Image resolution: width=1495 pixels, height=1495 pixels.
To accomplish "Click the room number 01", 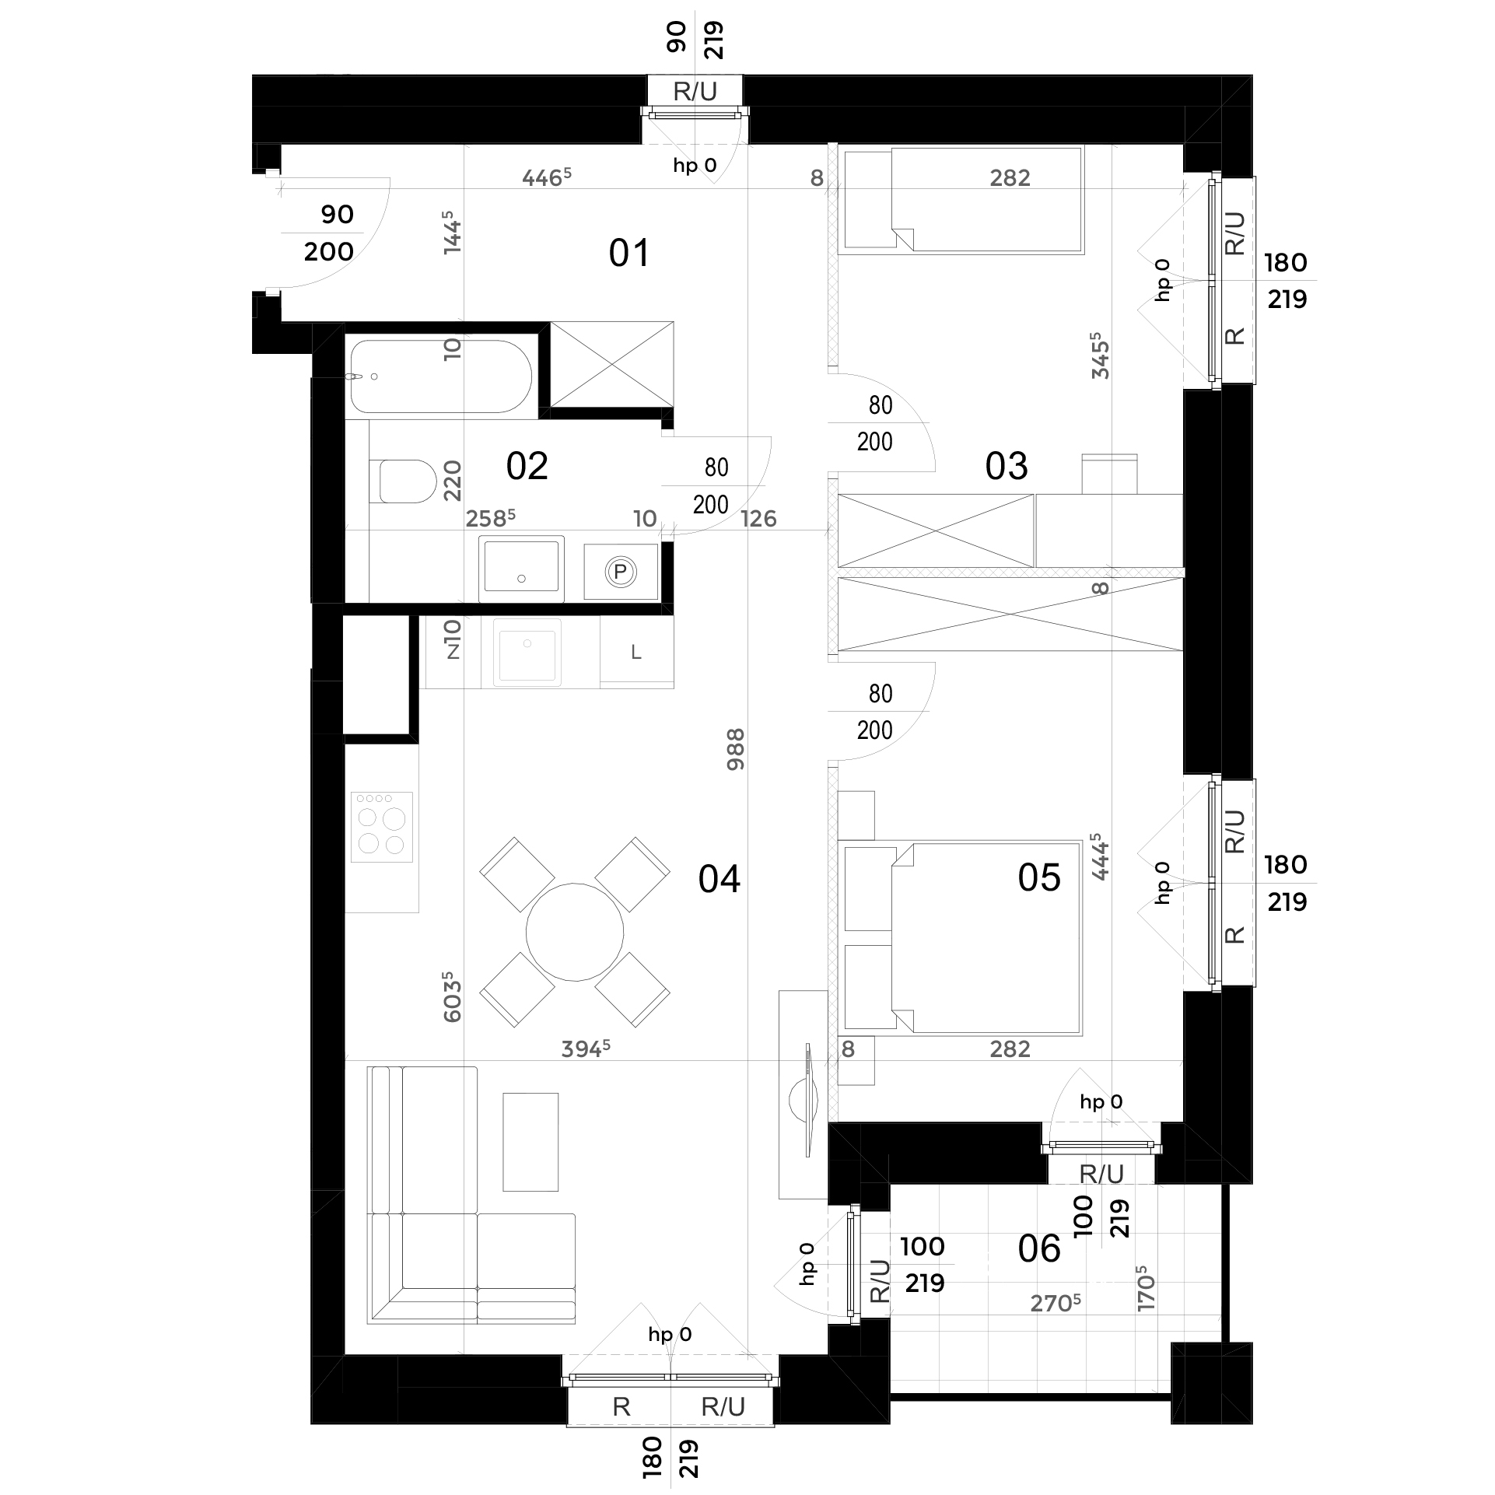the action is [x=628, y=253].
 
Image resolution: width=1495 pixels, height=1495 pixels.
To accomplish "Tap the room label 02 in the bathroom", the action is [x=527, y=466].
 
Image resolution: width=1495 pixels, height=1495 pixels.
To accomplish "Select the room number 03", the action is [x=1007, y=466].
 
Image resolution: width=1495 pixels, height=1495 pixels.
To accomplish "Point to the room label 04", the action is [x=719, y=879].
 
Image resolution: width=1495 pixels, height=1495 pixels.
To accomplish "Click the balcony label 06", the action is [x=1039, y=1248].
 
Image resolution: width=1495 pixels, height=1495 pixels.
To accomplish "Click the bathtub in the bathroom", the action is [x=441, y=376].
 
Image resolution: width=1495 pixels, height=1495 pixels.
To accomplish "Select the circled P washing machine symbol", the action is [x=621, y=572].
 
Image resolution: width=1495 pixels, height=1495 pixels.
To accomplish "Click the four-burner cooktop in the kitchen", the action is [x=381, y=827].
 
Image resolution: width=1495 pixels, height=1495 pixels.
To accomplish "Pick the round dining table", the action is [x=575, y=932].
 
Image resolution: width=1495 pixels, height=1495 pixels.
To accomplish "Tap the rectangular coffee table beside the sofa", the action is [x=530, y=1142].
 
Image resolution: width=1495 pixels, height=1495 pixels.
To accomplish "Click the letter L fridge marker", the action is [x=636, y=653].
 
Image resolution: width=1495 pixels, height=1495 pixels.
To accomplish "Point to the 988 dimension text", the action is [x=735, y=749].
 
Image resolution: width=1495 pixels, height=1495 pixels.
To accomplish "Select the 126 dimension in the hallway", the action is [x=758, y=519].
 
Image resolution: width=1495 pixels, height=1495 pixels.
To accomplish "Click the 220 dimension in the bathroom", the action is [x=452, y=480].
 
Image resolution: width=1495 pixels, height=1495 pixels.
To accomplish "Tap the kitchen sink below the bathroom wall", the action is [x=528, y=653].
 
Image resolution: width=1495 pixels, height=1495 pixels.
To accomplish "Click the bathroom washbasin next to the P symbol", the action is [x=521, y=567].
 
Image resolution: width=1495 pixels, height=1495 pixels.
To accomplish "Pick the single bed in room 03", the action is [x=961, y=200].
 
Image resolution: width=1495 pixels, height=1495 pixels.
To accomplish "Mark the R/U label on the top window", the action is [x=695, y=92].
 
